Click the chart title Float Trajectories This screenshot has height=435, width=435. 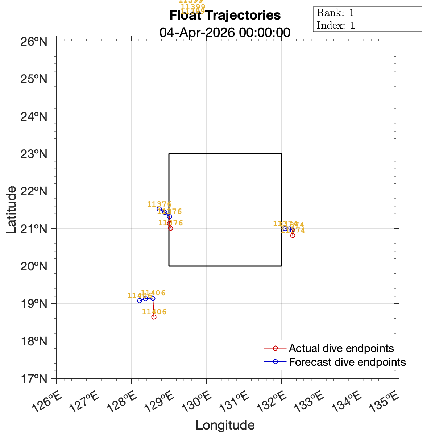pyautogui.click(x=225, y=16)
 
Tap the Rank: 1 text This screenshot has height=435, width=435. pyautogui.click(x=335, y=13)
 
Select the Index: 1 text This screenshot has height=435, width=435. pyautogui.click(x=336, y=25)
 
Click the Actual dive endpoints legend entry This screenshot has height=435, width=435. pyautogui.click(x=341, y=348)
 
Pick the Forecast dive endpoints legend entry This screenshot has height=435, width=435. pyautogui.click(x=347, y=362)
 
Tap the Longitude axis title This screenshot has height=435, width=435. pyautogui.click(x=225, y=425)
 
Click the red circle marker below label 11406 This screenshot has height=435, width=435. pyautogui.click(x=154, y=317)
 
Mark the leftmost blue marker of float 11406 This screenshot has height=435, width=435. pyautogui.click(x=140, y=301)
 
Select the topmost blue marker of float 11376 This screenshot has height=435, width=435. pyautogui.click(x=159, y=209)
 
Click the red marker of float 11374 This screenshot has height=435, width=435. pyautogui.click(x=293, y=235)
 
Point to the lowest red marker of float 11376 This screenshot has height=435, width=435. pyautogui.click(x=170, y=228)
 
